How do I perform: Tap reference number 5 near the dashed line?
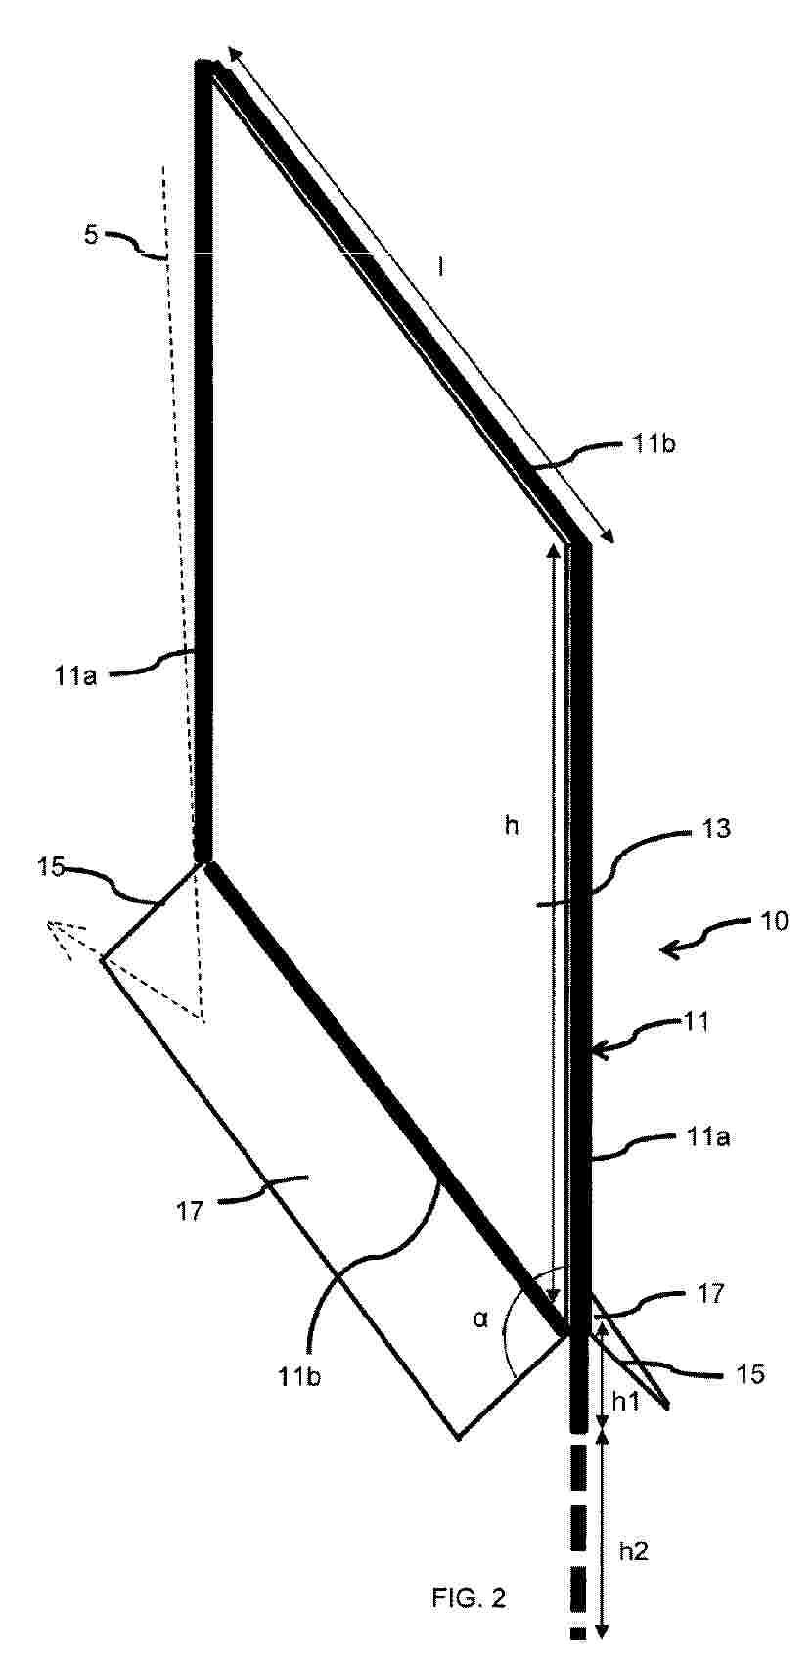click(90, 236)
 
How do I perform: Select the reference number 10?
click(774, 921)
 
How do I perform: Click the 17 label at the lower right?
click(710, 1293)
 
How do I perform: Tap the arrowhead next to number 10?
click(671, 949)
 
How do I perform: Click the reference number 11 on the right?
click(698, 1022)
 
